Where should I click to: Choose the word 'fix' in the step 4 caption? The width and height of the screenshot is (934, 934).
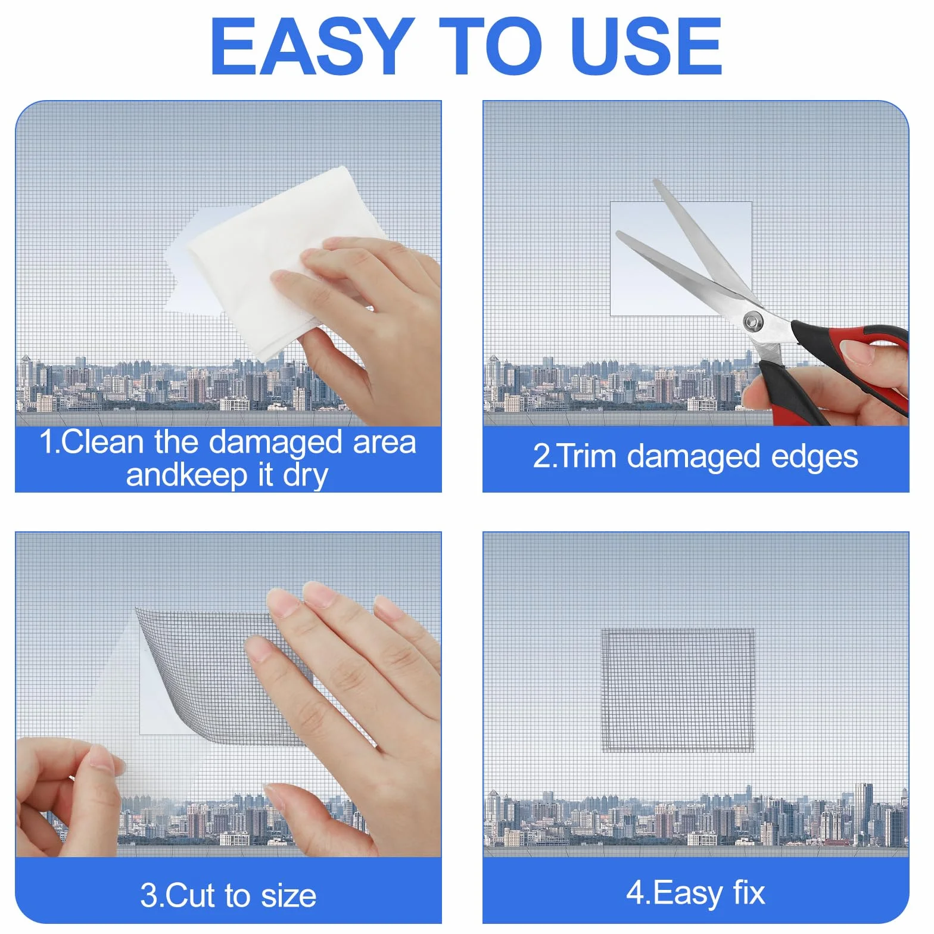coord(749,893)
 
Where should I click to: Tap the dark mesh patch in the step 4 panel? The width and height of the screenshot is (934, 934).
coord(678,689)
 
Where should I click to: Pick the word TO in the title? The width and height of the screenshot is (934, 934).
coord(491,46)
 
